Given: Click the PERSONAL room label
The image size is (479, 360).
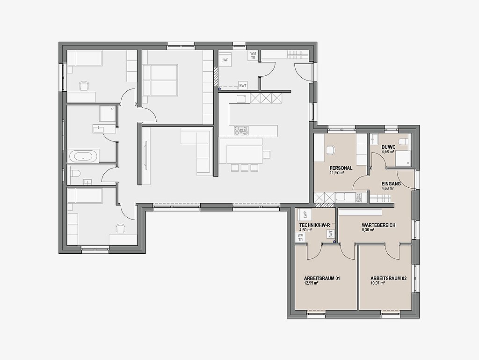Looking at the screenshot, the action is coord(341,168).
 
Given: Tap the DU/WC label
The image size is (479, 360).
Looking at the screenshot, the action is coord(388,147).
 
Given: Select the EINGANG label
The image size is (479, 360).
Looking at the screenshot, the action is coord(391,184).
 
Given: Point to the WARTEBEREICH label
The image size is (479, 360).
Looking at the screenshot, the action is coord(378,225).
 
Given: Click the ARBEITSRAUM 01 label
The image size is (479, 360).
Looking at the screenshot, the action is coord(322,279).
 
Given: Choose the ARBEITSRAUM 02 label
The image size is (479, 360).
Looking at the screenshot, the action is coord(388,279).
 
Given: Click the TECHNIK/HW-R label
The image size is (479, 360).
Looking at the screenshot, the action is coord(314,225).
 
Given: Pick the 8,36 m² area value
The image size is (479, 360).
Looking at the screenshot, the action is coord(368,230).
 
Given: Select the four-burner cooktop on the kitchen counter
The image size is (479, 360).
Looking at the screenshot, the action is coord(241,131).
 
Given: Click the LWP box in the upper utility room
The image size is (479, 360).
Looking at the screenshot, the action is coord(225,60).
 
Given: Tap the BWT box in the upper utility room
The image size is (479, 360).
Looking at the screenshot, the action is coord(243,86).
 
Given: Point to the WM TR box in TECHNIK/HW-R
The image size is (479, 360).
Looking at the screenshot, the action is coord(301,237).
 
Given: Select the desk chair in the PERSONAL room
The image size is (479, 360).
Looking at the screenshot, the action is coord(330,150).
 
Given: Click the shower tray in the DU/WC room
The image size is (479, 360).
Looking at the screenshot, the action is coord(403,158).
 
